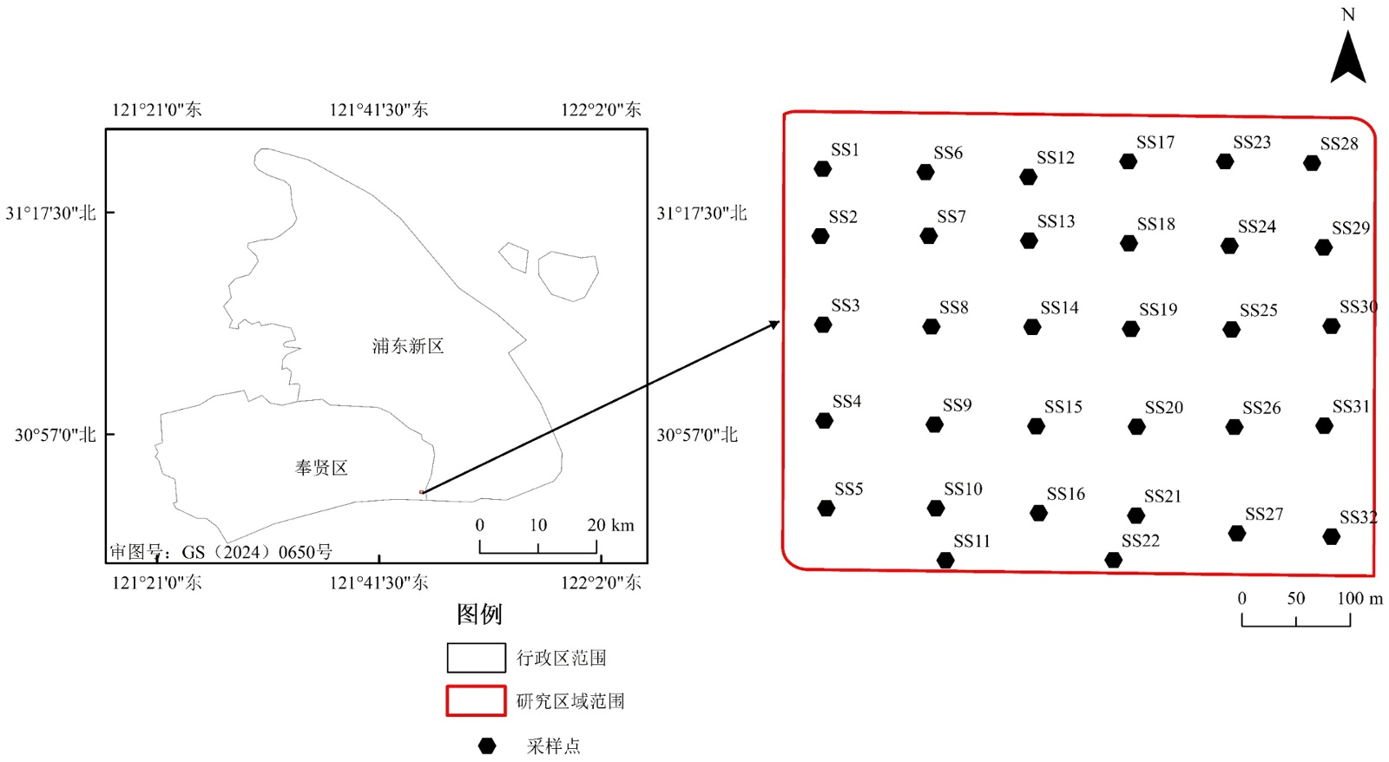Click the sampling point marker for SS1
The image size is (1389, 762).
pos(823,169)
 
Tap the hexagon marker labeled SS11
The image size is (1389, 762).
pos(945,561)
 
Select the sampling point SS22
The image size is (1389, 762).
pos(1114,560)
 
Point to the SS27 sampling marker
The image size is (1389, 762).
pos(1237,533)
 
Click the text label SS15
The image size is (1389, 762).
pos(1063,407)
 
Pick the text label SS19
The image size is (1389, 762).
pos(1158,310)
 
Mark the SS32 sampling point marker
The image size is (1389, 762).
pos(1331,537)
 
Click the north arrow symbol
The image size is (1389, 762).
pos(1347,58)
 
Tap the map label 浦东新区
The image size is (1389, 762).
pos(408,346)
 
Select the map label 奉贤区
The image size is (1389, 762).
pos(321,468)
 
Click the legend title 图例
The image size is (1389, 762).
pos(479,614)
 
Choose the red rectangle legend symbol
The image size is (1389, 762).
pos(476,700)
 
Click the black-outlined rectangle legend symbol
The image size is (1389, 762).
pos(476,658)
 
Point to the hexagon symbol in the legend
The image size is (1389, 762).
pos(487,746)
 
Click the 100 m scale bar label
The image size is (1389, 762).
pos(1359,598)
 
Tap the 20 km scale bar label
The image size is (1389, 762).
pos(610,525)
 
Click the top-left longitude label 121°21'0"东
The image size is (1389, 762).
pos(156,109)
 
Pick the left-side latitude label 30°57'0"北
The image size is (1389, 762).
pos(55,435)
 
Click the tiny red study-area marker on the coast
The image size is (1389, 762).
pos(422,492)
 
